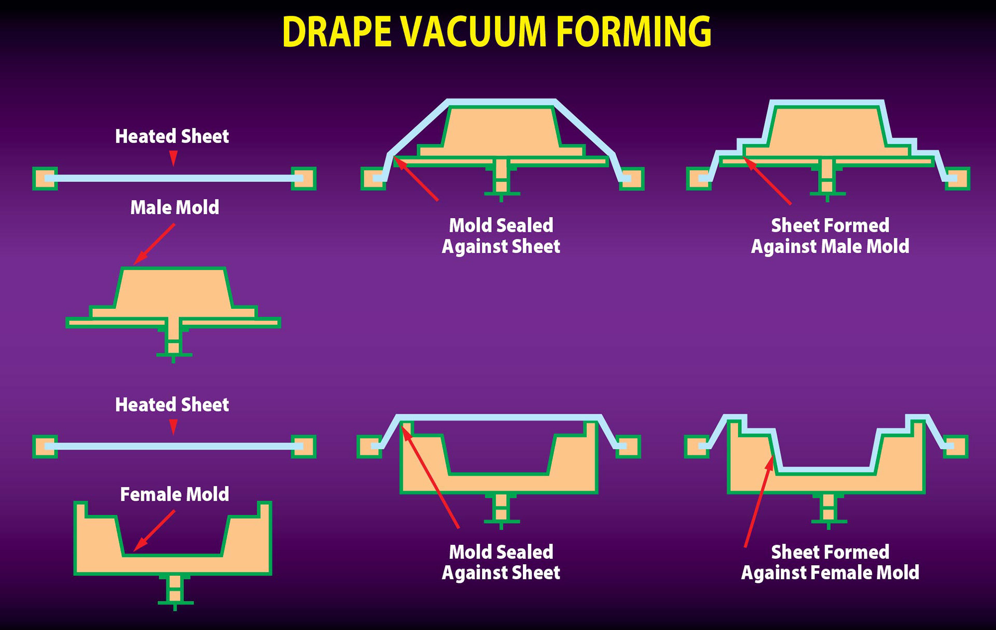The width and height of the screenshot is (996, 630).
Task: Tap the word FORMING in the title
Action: [x=633, y=32]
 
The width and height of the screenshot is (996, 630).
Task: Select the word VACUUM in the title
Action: [x=474, y=32]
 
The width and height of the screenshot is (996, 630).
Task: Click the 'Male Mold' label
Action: [x=174, y=208]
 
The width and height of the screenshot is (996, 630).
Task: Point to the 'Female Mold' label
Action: [x=174, y=494]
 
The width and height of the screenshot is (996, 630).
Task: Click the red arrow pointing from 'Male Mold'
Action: [x=154, y=244]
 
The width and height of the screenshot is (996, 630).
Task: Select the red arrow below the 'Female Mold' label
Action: [x=154, y=530]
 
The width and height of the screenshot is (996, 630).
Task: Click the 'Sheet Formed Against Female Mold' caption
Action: [x=830, y=562]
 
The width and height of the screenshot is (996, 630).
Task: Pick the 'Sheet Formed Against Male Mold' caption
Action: [x=830, y=236]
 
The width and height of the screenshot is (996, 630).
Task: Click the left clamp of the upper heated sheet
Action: [x=45, y=179]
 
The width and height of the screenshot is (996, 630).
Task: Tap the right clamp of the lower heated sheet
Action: [x=303, y=446]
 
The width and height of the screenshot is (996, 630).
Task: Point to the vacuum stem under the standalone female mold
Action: [x=175, y=590]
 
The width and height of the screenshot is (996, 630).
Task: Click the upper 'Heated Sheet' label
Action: [x=172, y=136]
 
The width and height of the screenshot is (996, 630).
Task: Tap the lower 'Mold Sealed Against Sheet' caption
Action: [x=501, y=562]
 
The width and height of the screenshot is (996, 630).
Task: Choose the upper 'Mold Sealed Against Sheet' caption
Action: [x=501, y=236]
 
